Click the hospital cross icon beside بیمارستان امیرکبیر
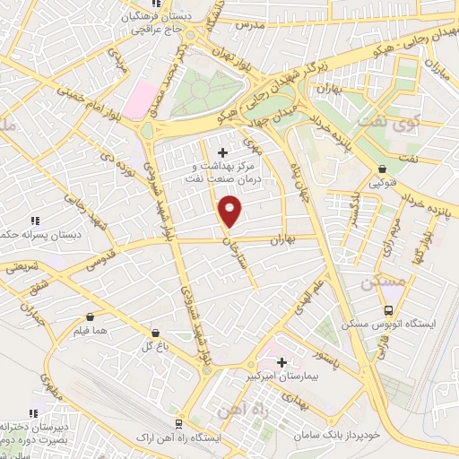click(x=281, y=362)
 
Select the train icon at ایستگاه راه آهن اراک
click(x=178, y=423)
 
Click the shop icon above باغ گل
click(x=155, y=332)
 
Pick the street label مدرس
click(x=248, y=24)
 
